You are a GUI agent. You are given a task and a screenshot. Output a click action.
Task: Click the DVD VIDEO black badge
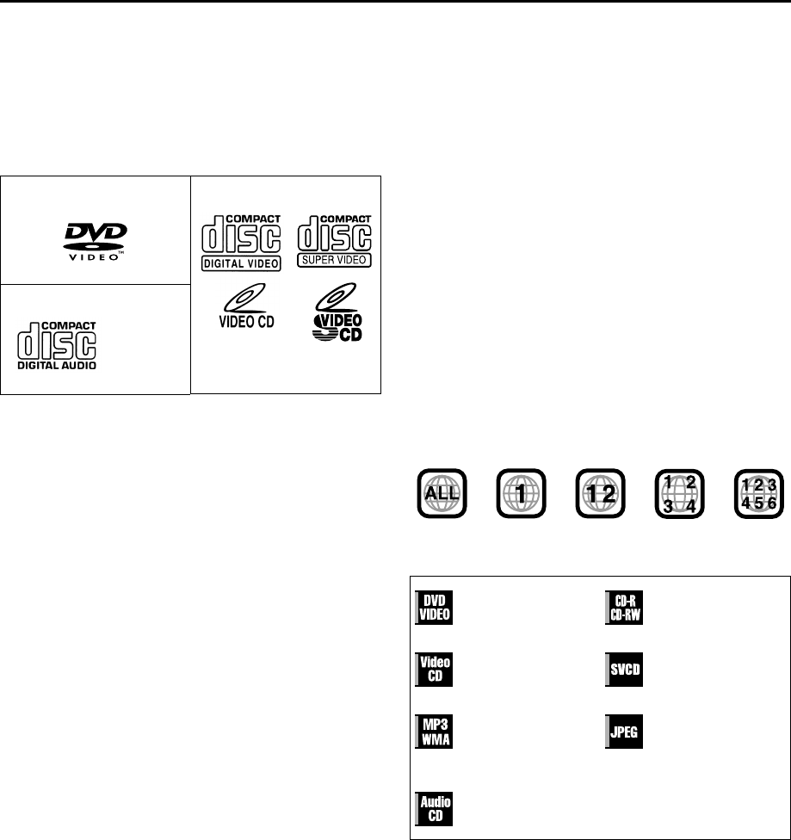pos(436,608)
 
